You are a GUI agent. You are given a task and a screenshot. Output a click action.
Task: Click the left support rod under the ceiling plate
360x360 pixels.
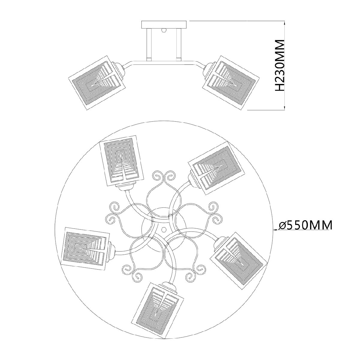point(149,45)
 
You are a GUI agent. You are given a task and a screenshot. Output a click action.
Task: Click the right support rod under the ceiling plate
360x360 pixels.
point(178,45)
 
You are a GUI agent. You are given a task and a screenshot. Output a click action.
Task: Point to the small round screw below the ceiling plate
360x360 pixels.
point(164,30)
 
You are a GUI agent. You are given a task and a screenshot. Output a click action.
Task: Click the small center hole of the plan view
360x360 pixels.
point(164,229)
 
